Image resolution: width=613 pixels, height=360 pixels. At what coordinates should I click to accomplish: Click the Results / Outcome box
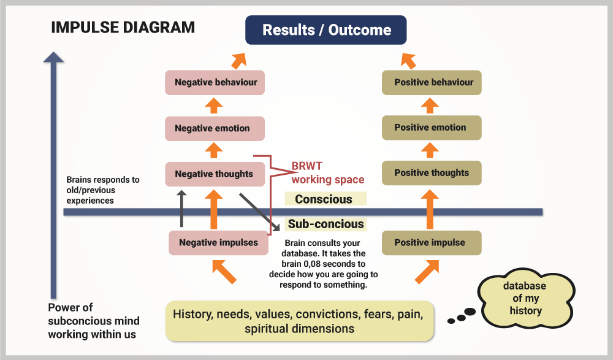coord(326,30)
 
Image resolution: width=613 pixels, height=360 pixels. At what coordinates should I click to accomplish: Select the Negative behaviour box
coord(215,82)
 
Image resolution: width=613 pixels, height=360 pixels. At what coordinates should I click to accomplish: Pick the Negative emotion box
coord(215,128)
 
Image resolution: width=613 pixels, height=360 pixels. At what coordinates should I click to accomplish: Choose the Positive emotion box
coord(431,128)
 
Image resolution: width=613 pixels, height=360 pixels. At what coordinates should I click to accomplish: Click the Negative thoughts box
coord(215,174)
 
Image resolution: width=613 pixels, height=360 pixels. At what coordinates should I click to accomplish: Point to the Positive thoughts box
coord(431,173)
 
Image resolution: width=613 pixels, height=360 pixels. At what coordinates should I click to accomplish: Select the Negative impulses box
coord(219,242)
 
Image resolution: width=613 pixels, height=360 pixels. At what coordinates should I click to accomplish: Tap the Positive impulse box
coord(431,242)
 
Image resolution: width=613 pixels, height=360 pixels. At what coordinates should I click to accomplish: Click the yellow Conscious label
coord(325,199)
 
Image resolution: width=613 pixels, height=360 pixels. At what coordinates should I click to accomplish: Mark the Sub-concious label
coord(326,224)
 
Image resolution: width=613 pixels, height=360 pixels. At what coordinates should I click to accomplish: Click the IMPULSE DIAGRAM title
coord(123,28)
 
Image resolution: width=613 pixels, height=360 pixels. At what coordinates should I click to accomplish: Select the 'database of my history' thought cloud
coord(524,299)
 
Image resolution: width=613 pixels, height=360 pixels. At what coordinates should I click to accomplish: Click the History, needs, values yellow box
coord(299,321)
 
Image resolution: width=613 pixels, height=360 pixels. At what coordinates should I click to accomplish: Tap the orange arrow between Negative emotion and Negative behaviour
coord(213,105)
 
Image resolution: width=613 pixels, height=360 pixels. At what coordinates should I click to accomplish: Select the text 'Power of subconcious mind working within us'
coord(93,321)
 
